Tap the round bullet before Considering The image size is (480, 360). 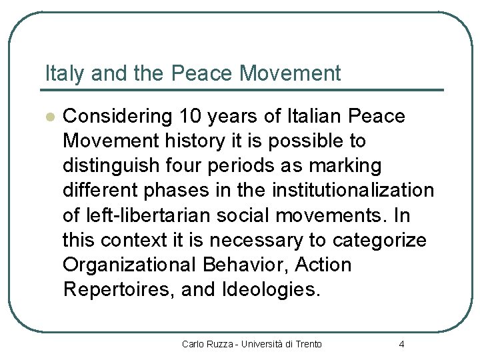(48, 116)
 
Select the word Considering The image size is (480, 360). (117, 116)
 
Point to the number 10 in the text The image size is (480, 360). (191, 116)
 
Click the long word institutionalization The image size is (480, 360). (353, 191)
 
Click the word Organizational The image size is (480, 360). (129, 265)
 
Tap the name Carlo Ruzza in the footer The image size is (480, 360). (207, 344)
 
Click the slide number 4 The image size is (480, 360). (401, 344)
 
